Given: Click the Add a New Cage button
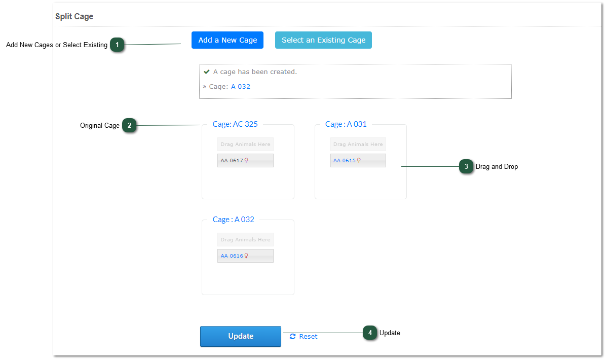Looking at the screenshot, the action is click(227, 40).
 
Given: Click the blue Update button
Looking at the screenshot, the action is click(240, 336).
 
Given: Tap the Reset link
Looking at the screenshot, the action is click(304, 336).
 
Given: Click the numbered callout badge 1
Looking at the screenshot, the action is click(117, 45).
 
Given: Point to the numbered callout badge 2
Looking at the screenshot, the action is click(130, 125).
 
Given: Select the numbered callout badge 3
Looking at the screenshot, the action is click(466, 166).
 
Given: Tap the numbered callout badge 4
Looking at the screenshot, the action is click(370, 333).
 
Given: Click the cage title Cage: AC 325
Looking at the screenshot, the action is click(235, 124).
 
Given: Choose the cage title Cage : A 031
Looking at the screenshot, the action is click(346, 124).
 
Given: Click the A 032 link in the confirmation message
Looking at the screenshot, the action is click(240, 87).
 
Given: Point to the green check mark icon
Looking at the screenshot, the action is click(206, 71).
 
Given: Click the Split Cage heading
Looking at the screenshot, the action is click(74, 16).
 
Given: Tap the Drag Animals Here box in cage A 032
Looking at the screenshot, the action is click(245, 239).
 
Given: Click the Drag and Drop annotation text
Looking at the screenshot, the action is click(497, 166).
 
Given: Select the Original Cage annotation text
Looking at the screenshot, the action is click(100, 125).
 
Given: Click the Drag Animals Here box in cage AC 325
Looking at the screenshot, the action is click(245, 144).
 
